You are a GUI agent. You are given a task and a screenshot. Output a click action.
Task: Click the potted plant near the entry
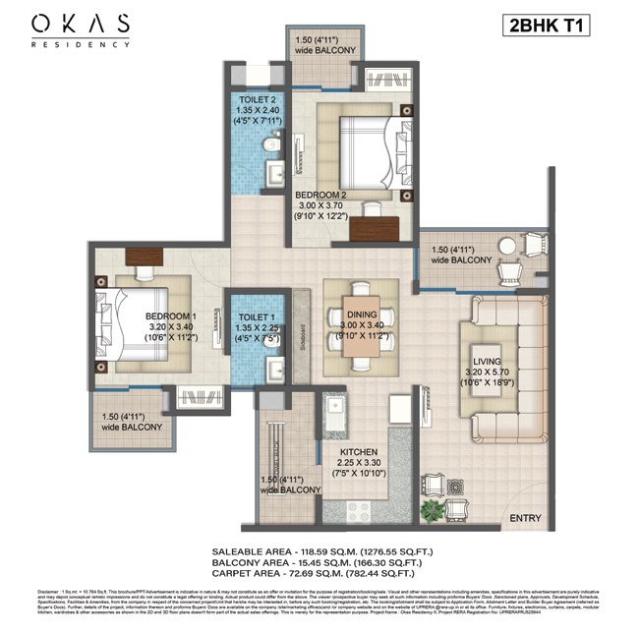430,510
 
